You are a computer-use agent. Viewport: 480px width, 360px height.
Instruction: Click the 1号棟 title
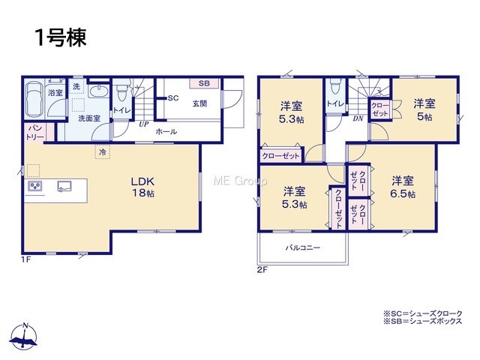click(61, 37)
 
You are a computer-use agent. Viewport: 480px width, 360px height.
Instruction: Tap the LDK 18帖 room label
click(143, 187)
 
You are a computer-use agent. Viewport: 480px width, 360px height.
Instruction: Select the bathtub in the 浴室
click(34, 99)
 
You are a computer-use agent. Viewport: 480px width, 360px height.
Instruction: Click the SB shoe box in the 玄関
click(204, 83)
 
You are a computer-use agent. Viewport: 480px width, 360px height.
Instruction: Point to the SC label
click(173, 98)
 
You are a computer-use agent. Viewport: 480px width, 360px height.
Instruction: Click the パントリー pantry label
click(35, 132)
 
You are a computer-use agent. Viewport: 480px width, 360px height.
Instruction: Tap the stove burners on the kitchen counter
click(35, 186)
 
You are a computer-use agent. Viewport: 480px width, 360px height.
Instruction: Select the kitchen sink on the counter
click(64, 186)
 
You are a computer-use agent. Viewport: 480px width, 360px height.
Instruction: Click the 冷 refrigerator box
click(103, 151)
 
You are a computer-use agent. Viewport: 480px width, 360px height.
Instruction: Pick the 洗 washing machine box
click(76, 86)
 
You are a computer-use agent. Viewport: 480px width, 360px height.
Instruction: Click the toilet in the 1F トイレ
click(121, 91)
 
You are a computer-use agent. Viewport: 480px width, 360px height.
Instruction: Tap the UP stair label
click(143, 124)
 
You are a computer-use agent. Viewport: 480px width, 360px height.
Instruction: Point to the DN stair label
click(358, 118)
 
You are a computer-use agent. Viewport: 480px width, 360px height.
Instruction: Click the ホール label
click(166, 132)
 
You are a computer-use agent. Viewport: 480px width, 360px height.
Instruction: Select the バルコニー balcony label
click(303, 247)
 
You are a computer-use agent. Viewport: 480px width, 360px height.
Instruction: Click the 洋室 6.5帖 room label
click(403, 187)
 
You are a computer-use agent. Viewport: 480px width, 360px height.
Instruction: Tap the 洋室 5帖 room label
click(424, 110)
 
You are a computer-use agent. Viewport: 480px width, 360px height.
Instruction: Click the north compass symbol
click(24, 336)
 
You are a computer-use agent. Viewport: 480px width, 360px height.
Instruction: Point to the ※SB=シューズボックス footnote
click(423, 321)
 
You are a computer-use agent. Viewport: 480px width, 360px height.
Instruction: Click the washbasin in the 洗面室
click(99, 91)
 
